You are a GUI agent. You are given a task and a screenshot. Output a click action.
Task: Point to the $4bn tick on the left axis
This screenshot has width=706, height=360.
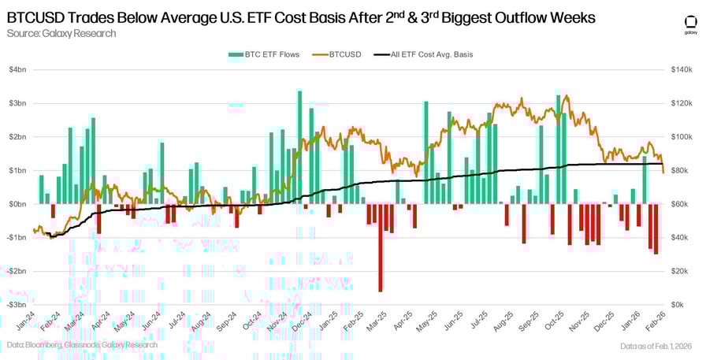(17, 70)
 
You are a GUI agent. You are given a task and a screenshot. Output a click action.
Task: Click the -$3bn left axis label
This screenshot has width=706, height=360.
(16, 304)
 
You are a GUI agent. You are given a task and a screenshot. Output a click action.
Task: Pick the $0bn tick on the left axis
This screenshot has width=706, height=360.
(17, 204)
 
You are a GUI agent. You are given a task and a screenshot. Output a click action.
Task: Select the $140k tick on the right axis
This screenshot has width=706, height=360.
(683, 70)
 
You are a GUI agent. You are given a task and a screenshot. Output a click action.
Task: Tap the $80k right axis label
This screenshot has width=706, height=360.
(682, 170)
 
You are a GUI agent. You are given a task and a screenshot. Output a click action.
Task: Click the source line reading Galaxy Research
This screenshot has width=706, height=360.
(61, 33)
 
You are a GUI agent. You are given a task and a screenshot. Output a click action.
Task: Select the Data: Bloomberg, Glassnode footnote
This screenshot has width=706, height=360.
(82, 345)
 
